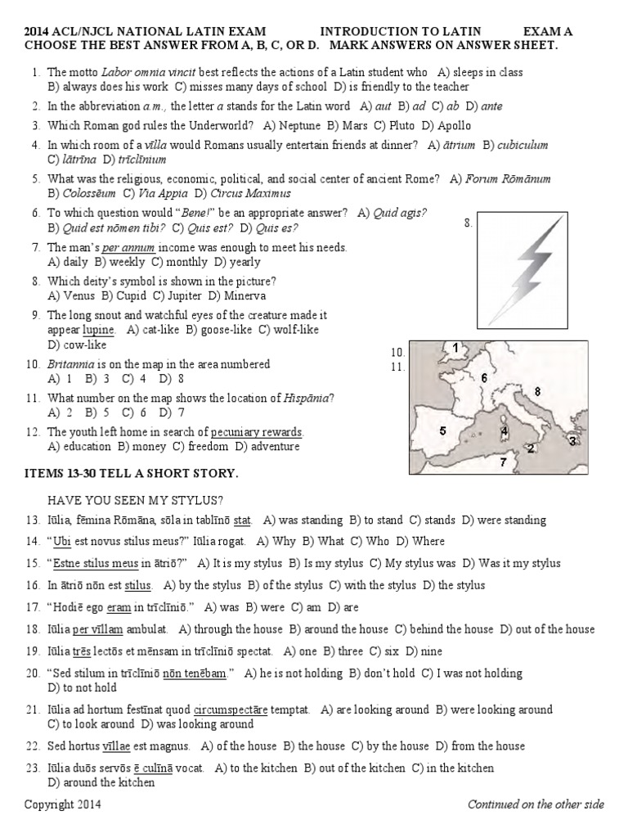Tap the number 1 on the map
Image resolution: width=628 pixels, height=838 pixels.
455,348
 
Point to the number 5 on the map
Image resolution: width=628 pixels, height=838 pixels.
442,430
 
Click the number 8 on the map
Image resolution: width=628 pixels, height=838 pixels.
537,392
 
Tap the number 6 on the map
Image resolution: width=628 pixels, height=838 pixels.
484,378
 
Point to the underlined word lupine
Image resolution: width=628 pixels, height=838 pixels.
99,330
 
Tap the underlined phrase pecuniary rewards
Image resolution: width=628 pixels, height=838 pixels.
257,432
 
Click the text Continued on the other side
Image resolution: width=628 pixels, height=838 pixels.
536,804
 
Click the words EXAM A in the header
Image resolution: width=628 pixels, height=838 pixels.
547,31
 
